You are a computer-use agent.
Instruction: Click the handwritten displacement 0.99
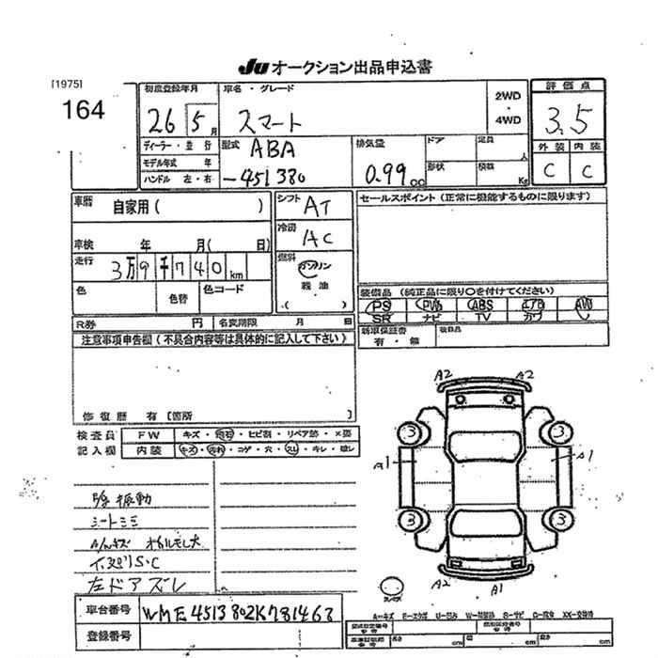388,173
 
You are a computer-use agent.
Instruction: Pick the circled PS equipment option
381,305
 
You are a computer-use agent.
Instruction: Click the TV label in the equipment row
483,318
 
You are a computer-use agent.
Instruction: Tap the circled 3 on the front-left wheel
409,433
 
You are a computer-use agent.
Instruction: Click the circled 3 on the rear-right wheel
561,520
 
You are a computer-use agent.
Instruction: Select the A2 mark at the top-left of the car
443,376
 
